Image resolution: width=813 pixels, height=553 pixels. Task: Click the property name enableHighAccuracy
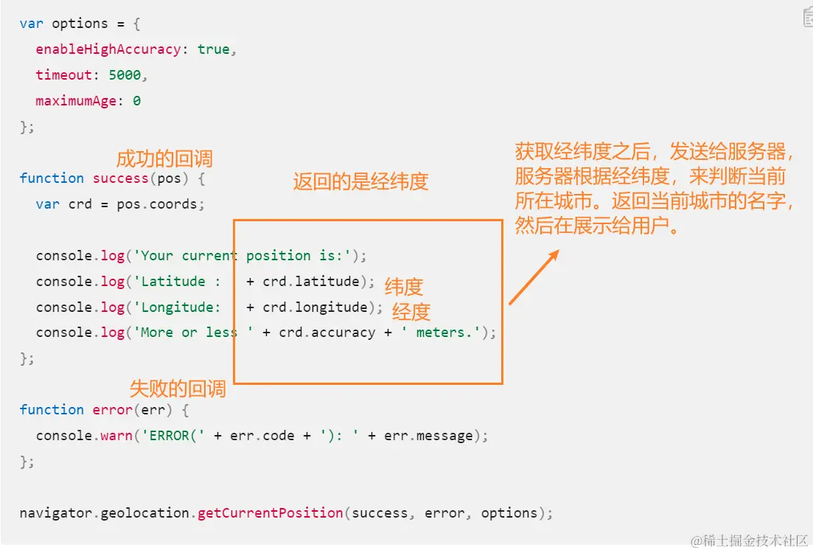tap(108, 49)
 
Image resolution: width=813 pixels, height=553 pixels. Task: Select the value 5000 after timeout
tap(125, 75)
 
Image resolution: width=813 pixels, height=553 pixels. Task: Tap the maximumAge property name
tap(76, 100)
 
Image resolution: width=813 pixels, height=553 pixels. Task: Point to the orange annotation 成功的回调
tap(164, 159)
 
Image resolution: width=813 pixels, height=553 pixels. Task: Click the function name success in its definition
tap(121, 178)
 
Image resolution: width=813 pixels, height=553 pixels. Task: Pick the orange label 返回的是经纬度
tap(361, 181)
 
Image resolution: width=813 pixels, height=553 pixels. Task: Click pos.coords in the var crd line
tap(157, 204)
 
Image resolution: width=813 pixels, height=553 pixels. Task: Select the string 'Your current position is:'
tap(242, 256)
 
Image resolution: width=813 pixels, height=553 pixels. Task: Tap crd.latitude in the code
tap(311, 281)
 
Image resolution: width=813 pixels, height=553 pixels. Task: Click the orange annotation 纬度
tap(404, 287)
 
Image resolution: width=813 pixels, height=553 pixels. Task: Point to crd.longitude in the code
tap(315, 307)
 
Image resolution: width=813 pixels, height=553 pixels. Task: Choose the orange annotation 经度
tap(411, 312)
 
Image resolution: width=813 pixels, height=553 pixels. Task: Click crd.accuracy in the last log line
tap(327, 333)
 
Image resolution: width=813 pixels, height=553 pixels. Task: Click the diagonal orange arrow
tap(534, 277)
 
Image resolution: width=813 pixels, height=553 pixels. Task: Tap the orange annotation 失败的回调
tap(178, 389)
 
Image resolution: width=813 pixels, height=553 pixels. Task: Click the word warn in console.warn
tap(116, 436)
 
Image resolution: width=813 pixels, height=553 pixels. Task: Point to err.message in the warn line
tap(429, 436)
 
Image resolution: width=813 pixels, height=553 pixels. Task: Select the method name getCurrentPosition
tap(270, 513)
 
